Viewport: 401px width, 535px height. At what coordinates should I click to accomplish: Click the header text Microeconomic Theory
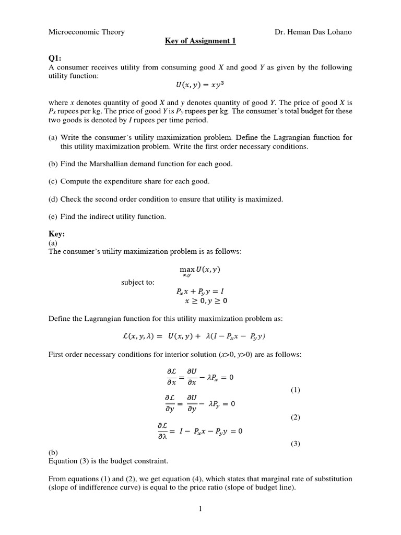(86, 32)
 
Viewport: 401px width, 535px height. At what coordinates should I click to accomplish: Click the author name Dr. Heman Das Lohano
(313, 32)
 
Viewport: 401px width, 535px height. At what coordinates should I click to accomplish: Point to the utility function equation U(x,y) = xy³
(200, 85)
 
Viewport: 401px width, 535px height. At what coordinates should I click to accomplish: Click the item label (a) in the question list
(53, 137)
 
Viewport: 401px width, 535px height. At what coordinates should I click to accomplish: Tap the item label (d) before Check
(53, 199)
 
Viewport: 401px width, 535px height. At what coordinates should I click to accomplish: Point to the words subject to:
(138, 282)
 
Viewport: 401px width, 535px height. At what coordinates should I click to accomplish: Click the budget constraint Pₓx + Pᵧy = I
(200, 292)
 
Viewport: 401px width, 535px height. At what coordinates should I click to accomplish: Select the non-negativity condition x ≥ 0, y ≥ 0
(206, 301)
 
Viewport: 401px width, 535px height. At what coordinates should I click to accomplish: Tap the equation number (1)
(295, 390)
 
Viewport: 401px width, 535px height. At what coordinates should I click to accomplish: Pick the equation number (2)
(295, 417)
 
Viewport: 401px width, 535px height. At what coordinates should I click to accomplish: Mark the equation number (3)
(295, 444)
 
